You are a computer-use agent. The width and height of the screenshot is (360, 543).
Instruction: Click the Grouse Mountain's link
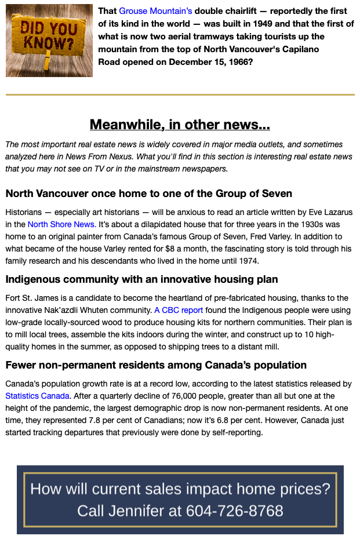[x=155, y=11]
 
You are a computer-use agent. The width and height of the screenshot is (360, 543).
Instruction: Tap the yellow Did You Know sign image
[x=49, y=41]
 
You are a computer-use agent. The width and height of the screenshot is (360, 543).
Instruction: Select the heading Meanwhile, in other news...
[x=180, y=125]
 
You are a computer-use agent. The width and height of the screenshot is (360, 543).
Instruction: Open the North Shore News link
[x=61, y=224]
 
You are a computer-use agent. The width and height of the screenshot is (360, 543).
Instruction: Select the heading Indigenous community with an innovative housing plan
[x=141, y=279]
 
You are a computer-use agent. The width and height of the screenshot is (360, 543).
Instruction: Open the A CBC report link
[x=179, y=310]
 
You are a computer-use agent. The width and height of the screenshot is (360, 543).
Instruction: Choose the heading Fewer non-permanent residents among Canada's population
[x=156, y=365]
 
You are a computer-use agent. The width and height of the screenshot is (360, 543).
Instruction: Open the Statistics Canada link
[x=38, y=396]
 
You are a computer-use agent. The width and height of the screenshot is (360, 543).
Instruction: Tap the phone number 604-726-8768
[x=235, y=511]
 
